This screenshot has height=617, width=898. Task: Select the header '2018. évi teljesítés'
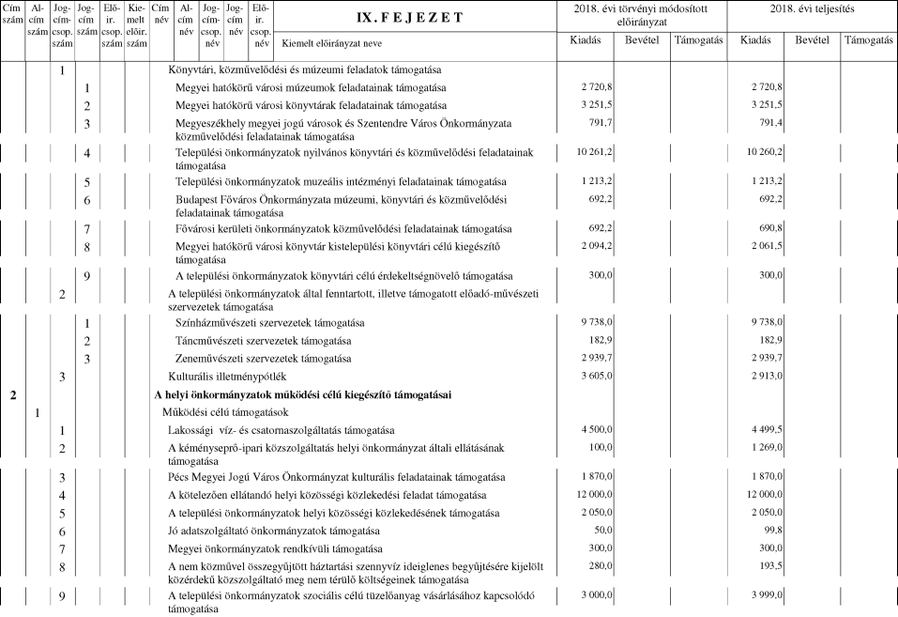coord(815,8)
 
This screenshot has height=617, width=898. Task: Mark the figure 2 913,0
coord(763,377)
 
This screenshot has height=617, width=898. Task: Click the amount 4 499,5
coord(763,430)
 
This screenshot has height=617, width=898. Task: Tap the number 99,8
coord(769,530)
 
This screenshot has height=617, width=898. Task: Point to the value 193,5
coord(768,565)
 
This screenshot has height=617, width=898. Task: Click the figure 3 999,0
coord(763,595)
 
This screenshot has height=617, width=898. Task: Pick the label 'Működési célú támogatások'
coord(224,412)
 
